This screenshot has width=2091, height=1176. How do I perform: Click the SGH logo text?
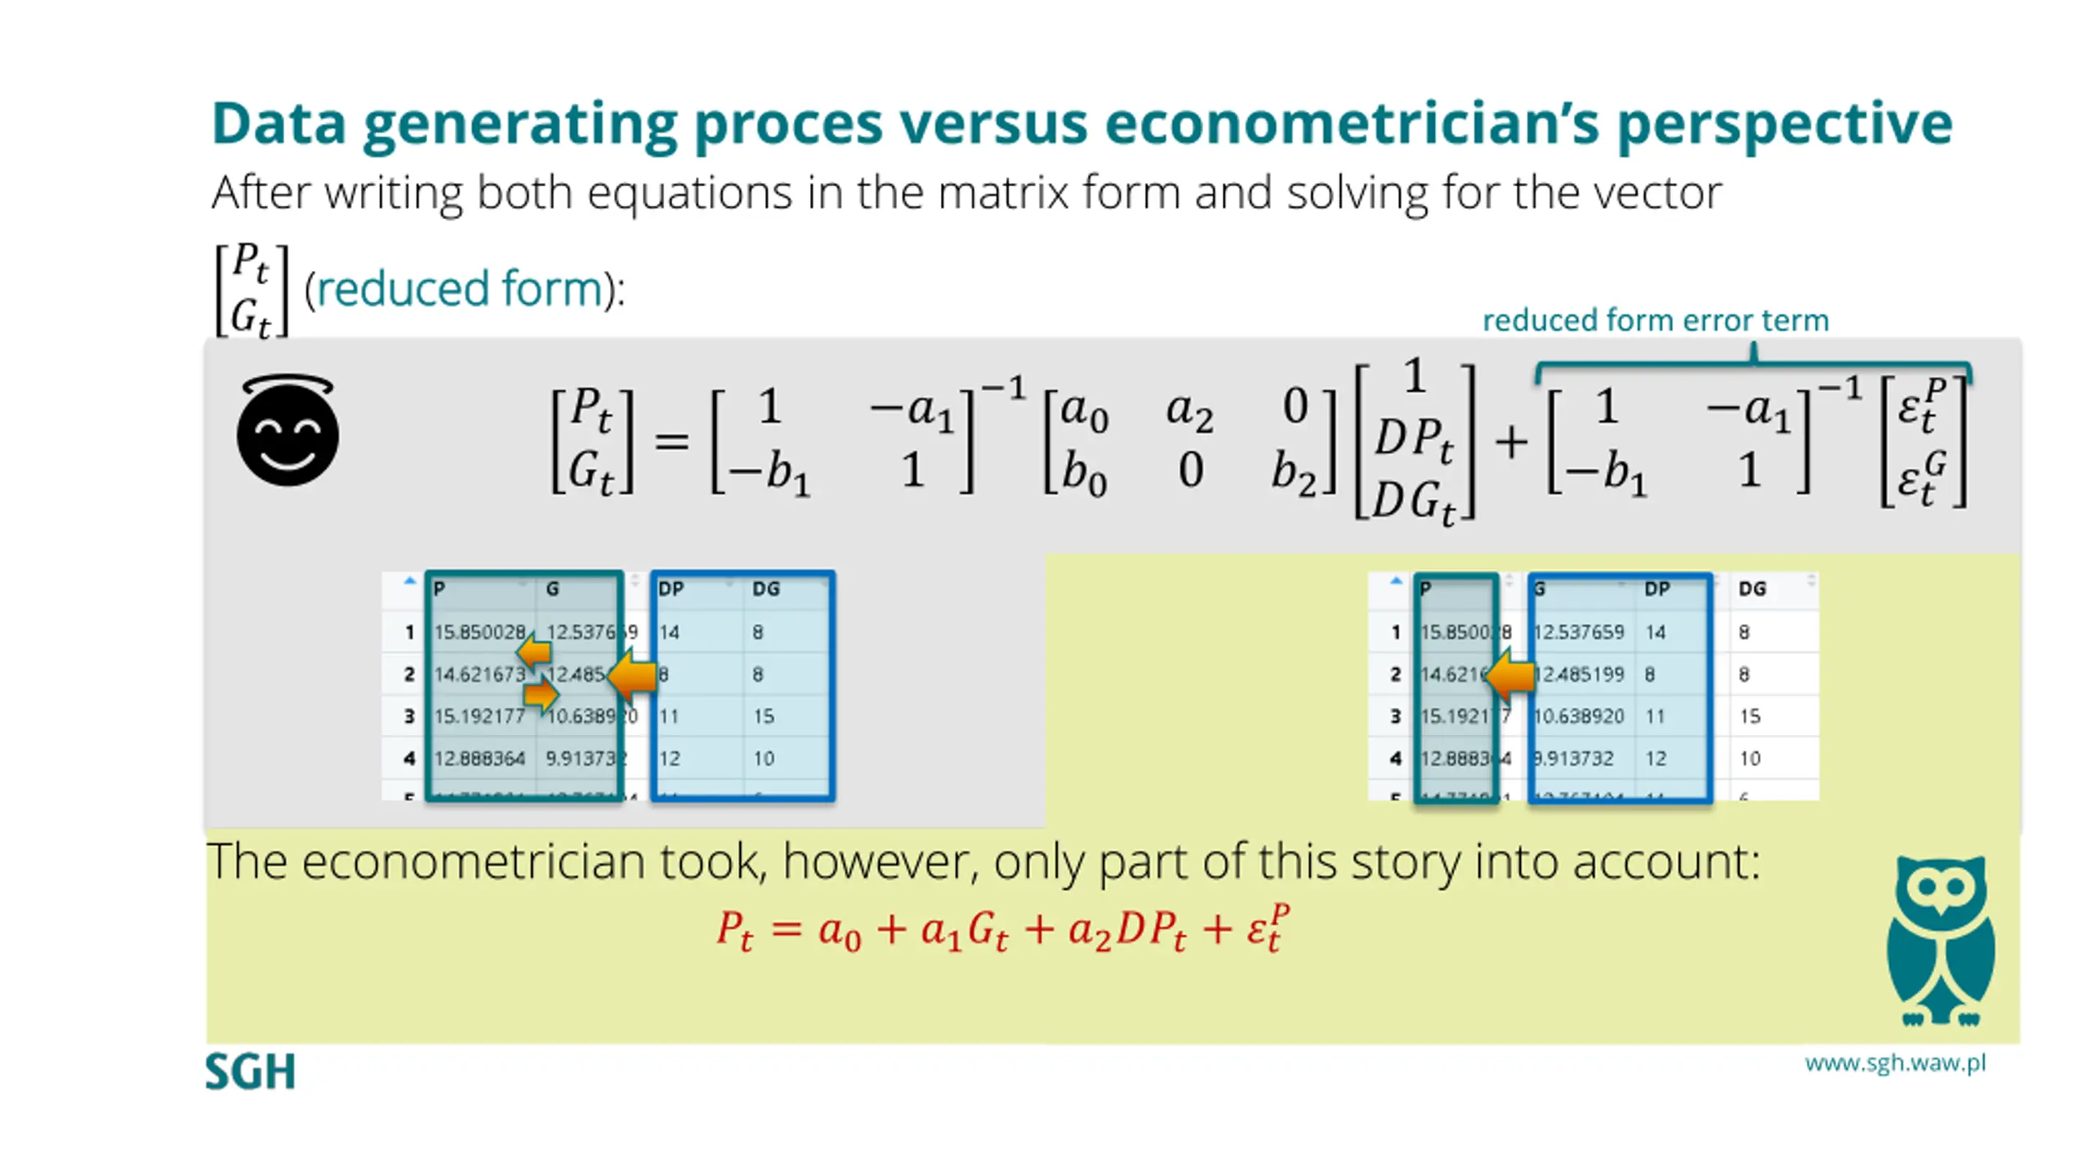[250, 1071]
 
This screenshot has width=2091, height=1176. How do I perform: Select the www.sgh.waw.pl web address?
[1895, 1063]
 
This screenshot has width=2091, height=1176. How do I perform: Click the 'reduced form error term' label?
[1655, 320]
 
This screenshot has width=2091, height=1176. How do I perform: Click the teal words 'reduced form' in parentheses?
[459, 289]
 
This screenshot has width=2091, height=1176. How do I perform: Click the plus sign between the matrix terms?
[1511, 443]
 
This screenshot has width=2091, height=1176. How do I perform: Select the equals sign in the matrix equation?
[671, 443]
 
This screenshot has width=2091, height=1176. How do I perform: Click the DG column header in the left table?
[766, 589]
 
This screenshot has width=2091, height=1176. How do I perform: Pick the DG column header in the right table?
[1752, 589]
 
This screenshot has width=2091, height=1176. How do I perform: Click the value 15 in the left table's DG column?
[764, 716]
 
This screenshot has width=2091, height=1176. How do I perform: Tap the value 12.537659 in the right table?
[1578, 632]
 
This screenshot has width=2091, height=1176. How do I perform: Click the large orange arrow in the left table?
[634, 675]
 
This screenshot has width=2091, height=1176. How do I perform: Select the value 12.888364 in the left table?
[479, 759]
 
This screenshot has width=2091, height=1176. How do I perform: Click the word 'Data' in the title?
[279, 124]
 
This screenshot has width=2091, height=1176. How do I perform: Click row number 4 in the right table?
[1396, 759]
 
